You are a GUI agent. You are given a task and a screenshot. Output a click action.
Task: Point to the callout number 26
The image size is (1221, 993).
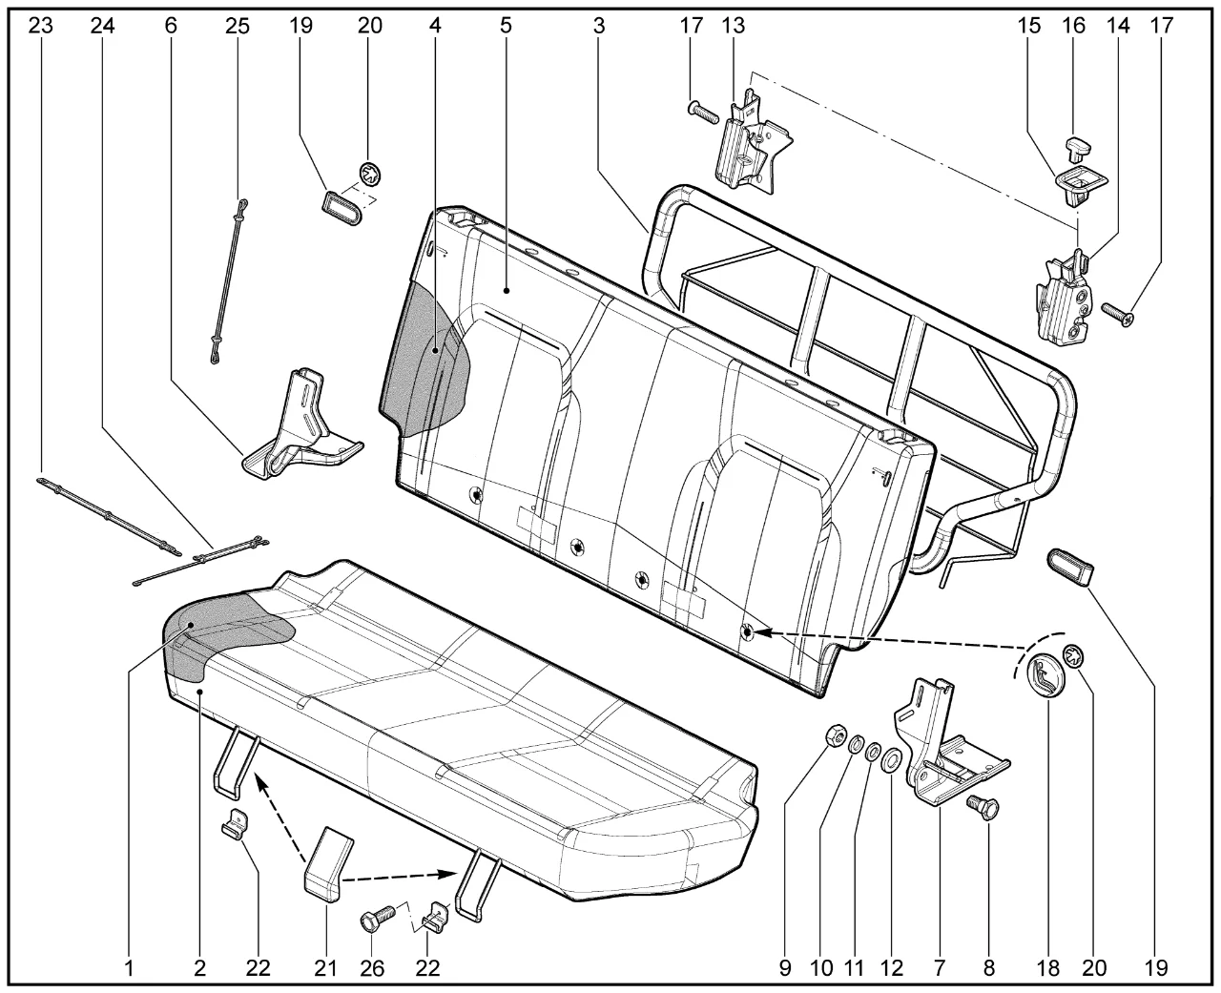pos(372,967)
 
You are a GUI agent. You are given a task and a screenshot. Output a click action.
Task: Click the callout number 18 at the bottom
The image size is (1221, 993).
pos(1047,967)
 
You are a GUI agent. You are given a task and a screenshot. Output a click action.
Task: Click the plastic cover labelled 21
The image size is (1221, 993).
pos(328,860)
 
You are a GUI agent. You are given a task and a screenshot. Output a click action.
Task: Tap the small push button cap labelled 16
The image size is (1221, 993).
pos(1078,147)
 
